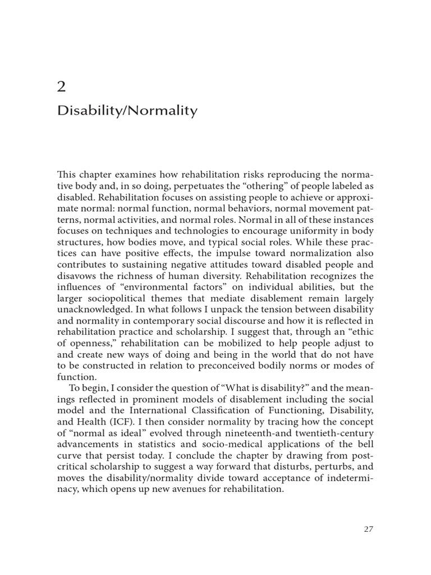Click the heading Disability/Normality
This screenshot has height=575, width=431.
pos(127,111)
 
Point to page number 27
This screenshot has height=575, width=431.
pos(368,528)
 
